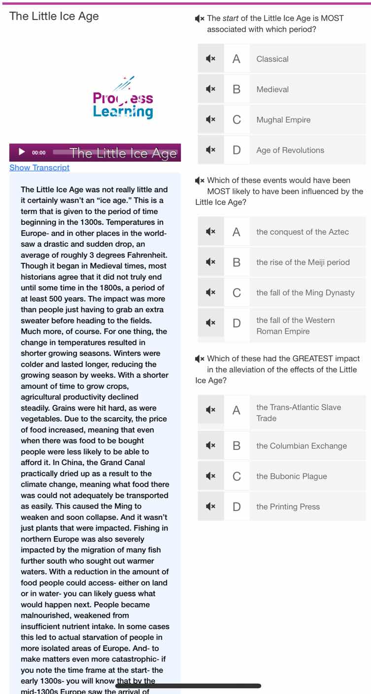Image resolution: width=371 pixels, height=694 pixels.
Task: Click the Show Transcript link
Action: point(39,168)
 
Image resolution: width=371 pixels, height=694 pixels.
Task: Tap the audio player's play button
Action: point(21,152)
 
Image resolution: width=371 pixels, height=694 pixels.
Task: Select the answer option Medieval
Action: point(272,89)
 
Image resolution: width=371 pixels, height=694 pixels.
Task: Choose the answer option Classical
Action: point(272,59)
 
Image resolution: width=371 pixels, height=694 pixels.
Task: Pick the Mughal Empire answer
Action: point(283,120)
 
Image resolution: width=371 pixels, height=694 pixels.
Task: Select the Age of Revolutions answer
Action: point(290,150)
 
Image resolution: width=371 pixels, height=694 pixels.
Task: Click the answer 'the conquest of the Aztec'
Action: point(303,232)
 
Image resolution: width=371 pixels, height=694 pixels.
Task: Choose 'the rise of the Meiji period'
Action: point(303,262)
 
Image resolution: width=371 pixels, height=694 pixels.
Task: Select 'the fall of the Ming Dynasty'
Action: point(305,293)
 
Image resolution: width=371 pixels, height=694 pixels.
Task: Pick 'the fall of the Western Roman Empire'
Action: point(296,326)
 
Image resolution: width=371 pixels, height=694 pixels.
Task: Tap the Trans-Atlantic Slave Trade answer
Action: point(299,413)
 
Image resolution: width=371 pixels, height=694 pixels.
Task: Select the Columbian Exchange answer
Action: point(302,446)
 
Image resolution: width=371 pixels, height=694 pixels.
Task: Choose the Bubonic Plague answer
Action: point(292,476)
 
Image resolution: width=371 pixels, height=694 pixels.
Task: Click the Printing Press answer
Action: point(288,507)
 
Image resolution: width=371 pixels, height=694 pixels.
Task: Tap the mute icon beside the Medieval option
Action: point(210,89)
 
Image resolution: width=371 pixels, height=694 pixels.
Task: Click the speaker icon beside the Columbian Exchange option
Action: point(210,446)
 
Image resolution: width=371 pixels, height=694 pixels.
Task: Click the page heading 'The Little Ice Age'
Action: point(54,16)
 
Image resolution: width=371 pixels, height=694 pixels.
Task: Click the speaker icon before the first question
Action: point(200,19)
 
